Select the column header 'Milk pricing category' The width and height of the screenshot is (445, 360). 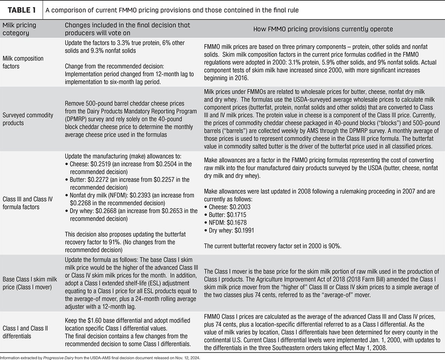22,29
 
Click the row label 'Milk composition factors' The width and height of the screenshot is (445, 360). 23,62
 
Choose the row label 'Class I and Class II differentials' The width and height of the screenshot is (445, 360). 25,332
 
